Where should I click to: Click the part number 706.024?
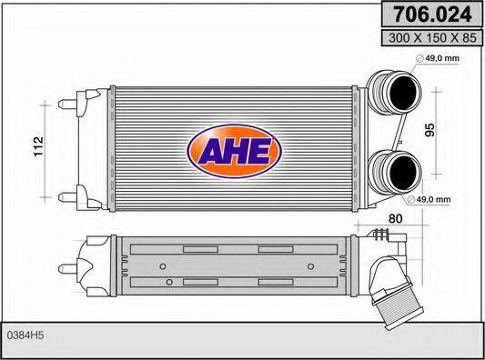pos(432,15)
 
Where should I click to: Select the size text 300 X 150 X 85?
pos(432,39)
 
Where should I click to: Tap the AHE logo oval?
pos(234,151)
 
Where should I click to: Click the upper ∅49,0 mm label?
pos(442,60)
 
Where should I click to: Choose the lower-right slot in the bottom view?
pos(276,284)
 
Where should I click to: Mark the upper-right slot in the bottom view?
pos(276,249)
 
